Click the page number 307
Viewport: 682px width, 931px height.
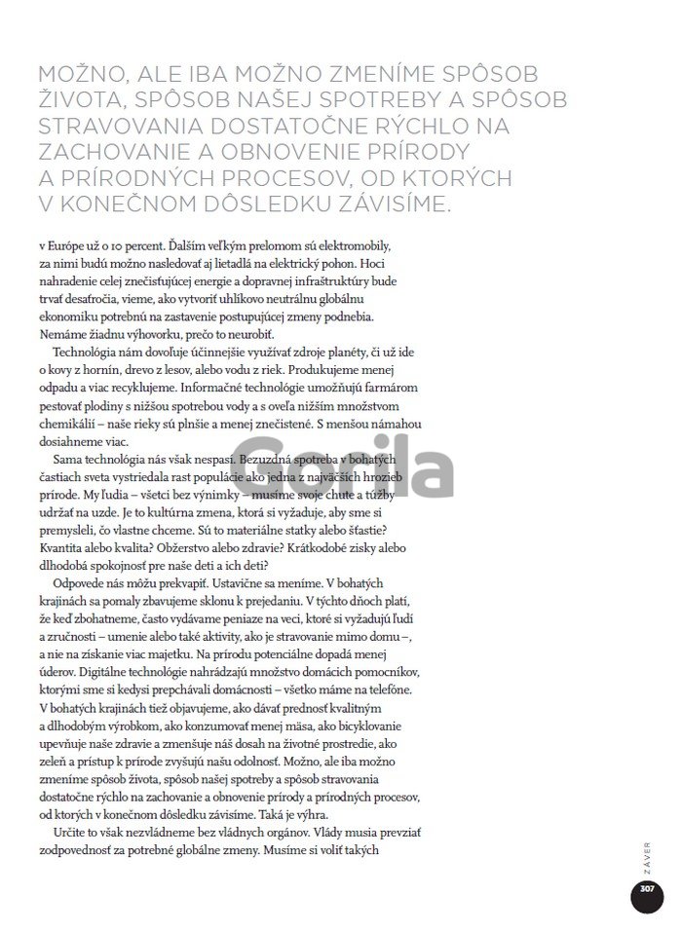tap(645, 890)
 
